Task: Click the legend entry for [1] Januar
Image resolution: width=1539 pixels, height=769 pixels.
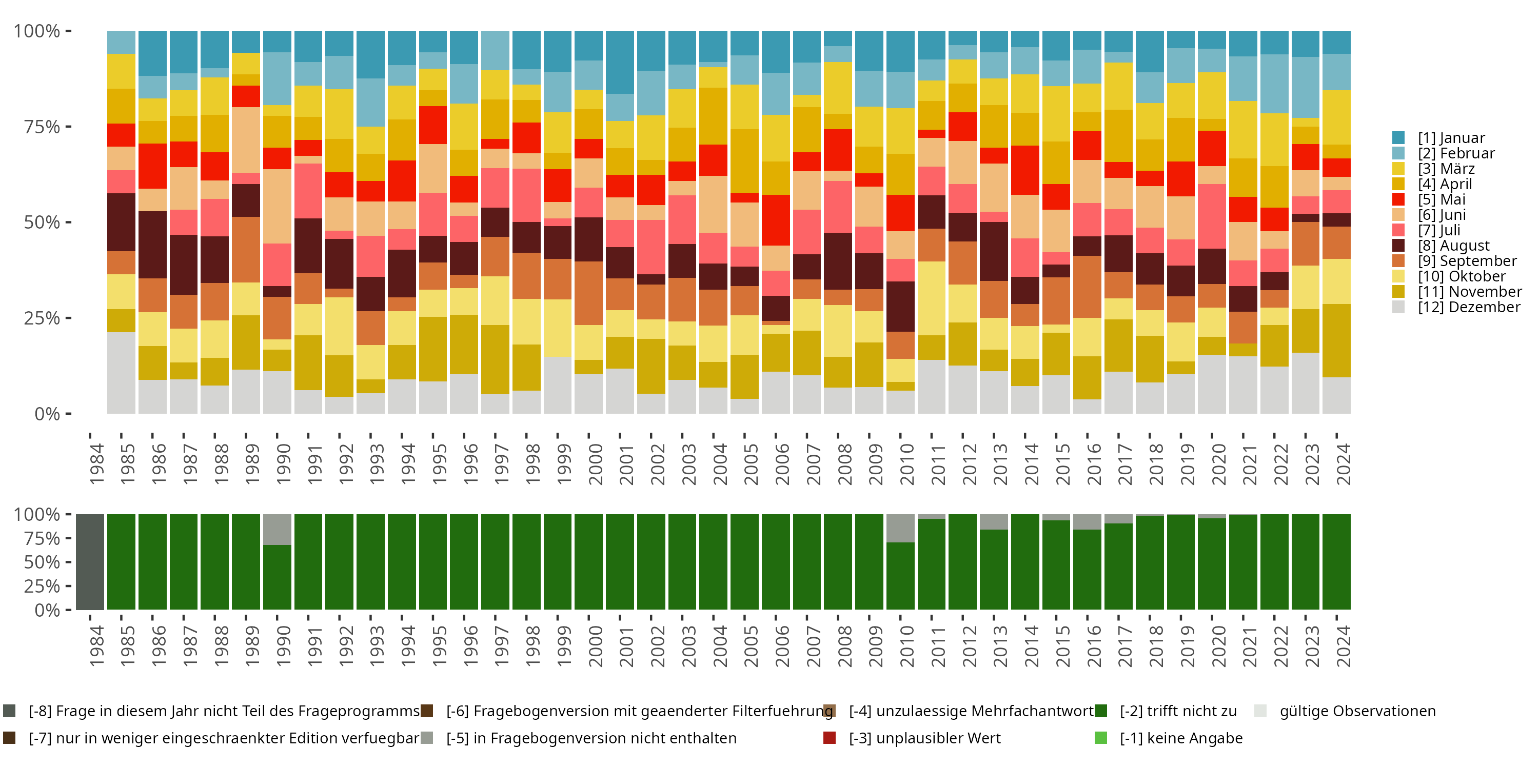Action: tap(1451, 138)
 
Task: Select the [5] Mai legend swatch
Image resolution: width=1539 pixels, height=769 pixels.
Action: tap(1398, 199)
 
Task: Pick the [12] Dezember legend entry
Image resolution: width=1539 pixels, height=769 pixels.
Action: tap(1469, 307)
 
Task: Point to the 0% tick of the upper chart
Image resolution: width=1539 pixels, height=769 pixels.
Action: tap(47, 414)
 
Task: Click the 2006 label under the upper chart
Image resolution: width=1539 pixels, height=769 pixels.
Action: tap(781, 464)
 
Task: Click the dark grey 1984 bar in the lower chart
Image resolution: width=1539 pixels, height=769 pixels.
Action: tap(90, 562)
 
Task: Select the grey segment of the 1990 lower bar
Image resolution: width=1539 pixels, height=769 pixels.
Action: tap(277, 529)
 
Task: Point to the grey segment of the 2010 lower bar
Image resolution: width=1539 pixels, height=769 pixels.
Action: tap(900, 528)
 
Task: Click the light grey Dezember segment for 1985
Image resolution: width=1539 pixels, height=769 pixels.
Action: tap(121, 373)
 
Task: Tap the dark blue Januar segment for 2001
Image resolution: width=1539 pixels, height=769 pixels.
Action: tap(620, 62)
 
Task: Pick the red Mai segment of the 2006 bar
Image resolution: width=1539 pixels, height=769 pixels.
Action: tap(776, 220)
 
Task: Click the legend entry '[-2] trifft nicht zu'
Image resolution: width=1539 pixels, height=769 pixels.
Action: tap(1177, 711)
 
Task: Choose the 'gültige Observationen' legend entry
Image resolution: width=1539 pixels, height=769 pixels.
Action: tap(1357, 711)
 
